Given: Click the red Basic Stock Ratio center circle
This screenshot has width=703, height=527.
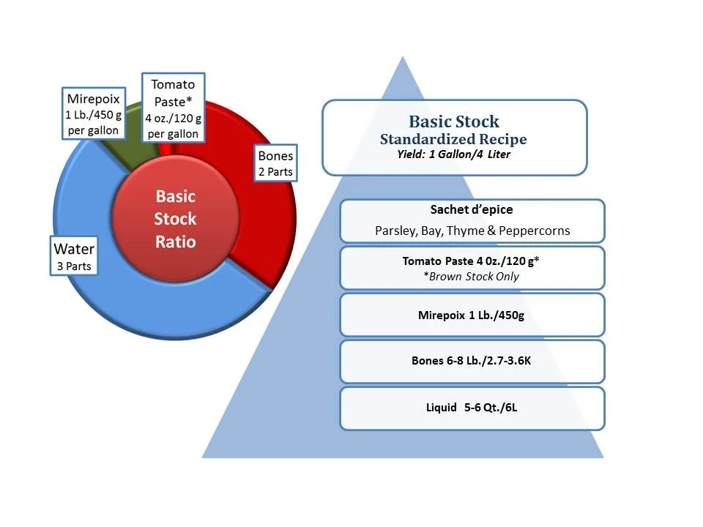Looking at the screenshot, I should pyautogui.click(x=175, y=219).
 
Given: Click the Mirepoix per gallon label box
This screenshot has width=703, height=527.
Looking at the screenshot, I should pyautogui.click(x=92, y=115).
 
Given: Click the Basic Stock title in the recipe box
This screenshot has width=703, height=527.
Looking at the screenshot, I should pyautogui.click(x=454, y=122).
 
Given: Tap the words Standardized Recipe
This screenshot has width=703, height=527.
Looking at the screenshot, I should pyautogui.click(x=453, y=139).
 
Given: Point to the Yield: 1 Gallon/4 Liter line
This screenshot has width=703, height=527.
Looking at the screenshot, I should pyautogui.click(x=453, y=154).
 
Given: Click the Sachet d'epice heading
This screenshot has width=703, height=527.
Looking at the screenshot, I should pyautogui.click(x=472, y=210).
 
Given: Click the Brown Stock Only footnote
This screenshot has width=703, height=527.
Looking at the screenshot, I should pyautogui.click(x=472, y=276).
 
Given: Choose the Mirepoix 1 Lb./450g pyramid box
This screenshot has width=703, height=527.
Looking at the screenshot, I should pyautogui.click(x=472, y=315).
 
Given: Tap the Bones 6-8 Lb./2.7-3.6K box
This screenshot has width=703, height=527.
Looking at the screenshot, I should pyautogui.click(x=472, y=361).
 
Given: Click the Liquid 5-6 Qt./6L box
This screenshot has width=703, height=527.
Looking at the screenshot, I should pyautogui.click(x=472, y=408).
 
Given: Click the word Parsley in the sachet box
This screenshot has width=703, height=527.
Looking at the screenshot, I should pyautogui.click(x=395, y=231).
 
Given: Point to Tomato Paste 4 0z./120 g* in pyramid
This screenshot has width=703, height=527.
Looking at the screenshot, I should pyautogui.click(x=472, y=261).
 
